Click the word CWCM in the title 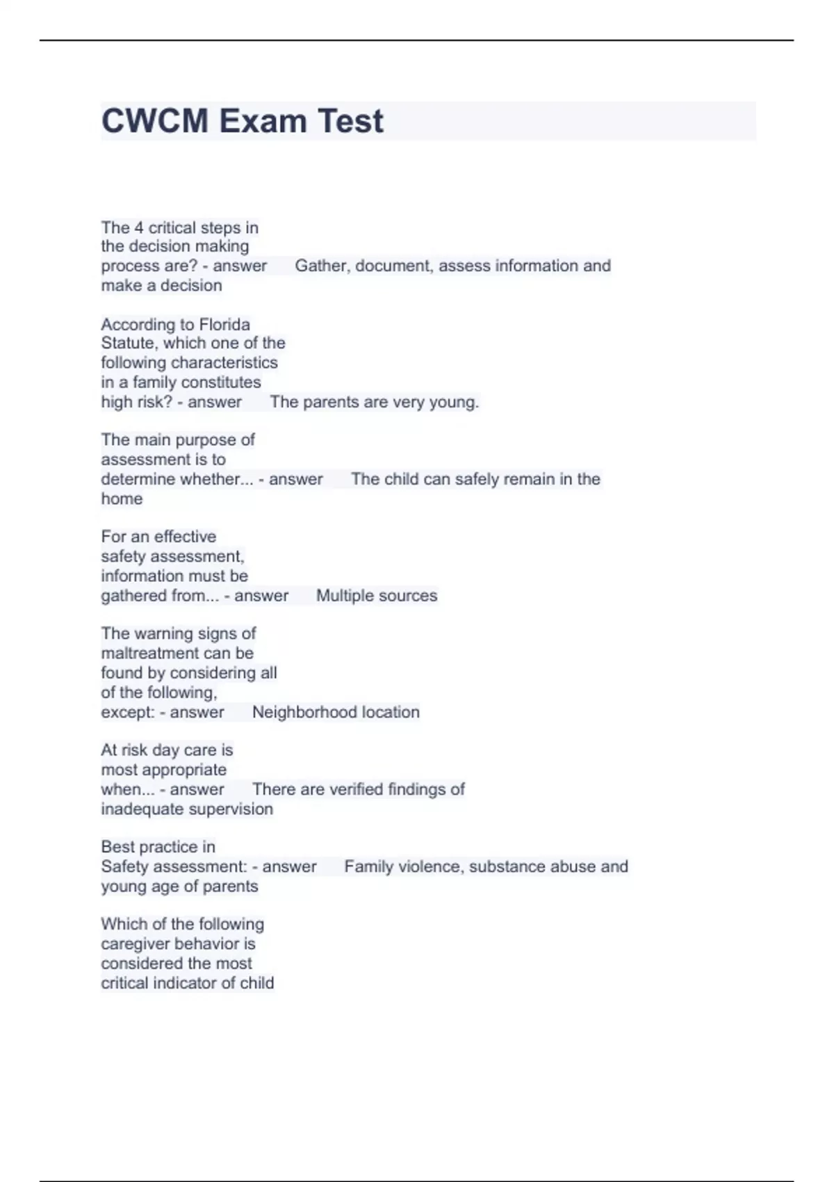point(155,121)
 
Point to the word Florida point(224,324)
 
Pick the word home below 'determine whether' point(122,499)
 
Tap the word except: point(128,712)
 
